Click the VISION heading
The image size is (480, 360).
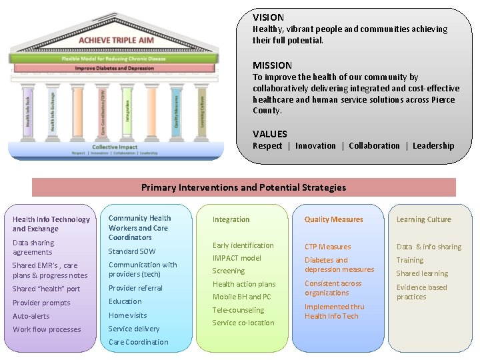268,17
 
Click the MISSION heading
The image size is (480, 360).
272,65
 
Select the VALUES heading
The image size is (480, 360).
270,134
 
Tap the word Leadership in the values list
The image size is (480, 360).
433,146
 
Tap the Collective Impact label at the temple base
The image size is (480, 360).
115,147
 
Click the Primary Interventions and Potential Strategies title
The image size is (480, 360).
244,187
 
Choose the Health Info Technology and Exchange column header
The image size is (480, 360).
51,224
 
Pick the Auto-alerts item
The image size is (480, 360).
31,316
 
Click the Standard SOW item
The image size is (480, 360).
132,251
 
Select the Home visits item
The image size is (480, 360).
127,315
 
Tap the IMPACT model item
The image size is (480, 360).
237,258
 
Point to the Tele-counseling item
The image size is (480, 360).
238,310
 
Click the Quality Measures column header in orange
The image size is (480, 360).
333,219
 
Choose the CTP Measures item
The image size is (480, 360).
327,247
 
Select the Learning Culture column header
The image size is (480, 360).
423,219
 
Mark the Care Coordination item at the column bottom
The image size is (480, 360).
138,342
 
